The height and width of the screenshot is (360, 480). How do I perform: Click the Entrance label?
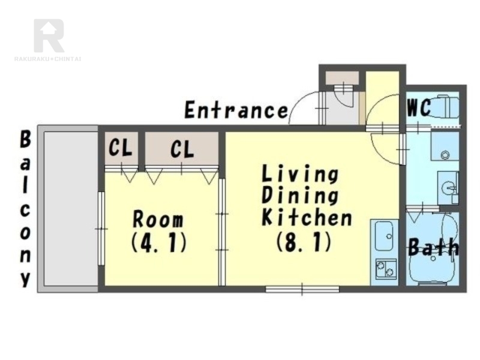[x=236, y=110]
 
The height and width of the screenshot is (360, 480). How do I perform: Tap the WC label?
[x=419, y=107]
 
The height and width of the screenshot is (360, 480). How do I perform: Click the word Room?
[x=158, y=219]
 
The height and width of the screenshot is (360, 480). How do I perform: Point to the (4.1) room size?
[x=158, y=243]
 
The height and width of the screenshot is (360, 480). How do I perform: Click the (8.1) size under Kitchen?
[x=304, y=242]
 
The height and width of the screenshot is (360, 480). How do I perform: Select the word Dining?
[x=301, y=196]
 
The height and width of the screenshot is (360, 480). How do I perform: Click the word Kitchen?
[x=307, y=217]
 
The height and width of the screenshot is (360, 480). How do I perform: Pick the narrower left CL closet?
[x=121, y=148]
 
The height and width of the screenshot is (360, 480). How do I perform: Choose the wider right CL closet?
[x=182, y=148]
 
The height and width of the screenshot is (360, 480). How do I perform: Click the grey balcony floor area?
[x=71, y=208]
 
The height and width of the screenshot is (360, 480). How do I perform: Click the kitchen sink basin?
[x=384, y=236]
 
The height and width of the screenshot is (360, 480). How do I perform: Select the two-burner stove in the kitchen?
[x=386, y=268]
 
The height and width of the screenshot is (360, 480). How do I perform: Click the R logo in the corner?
[x=49, y=35]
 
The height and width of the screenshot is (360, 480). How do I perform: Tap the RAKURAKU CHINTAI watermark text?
[x=48, y=59]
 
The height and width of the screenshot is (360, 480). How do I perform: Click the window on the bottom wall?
[x=302, y=289]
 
